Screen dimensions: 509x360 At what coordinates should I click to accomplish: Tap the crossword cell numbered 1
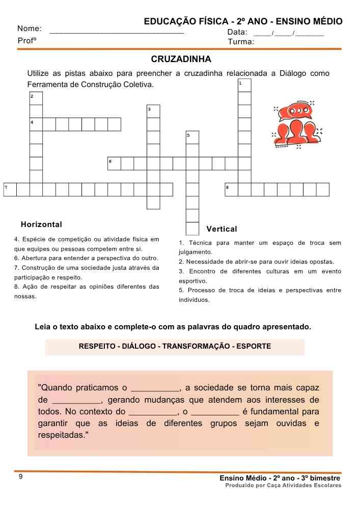pos(245,85)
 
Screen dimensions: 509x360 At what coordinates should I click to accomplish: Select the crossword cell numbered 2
pos(36,98)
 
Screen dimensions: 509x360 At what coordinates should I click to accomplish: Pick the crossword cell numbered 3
pos(153,111)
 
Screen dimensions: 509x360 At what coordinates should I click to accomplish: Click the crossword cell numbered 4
pos(36,125)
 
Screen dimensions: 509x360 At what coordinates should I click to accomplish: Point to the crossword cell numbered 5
pos(192,137)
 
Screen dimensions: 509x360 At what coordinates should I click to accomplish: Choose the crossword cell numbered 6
pos(114,163)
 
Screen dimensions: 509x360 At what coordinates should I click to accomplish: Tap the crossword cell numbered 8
pos(231,189)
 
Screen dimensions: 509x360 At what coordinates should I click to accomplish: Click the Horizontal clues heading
pos(41,224)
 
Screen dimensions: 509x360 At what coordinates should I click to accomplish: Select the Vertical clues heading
pos(221,229)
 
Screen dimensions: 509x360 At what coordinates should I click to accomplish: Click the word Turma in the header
pos(240,42)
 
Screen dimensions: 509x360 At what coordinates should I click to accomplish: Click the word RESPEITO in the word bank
pos(97,347)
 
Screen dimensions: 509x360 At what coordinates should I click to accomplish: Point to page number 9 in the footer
pos(20,477)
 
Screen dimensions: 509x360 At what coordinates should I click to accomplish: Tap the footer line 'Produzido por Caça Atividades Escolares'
pos(283,486)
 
